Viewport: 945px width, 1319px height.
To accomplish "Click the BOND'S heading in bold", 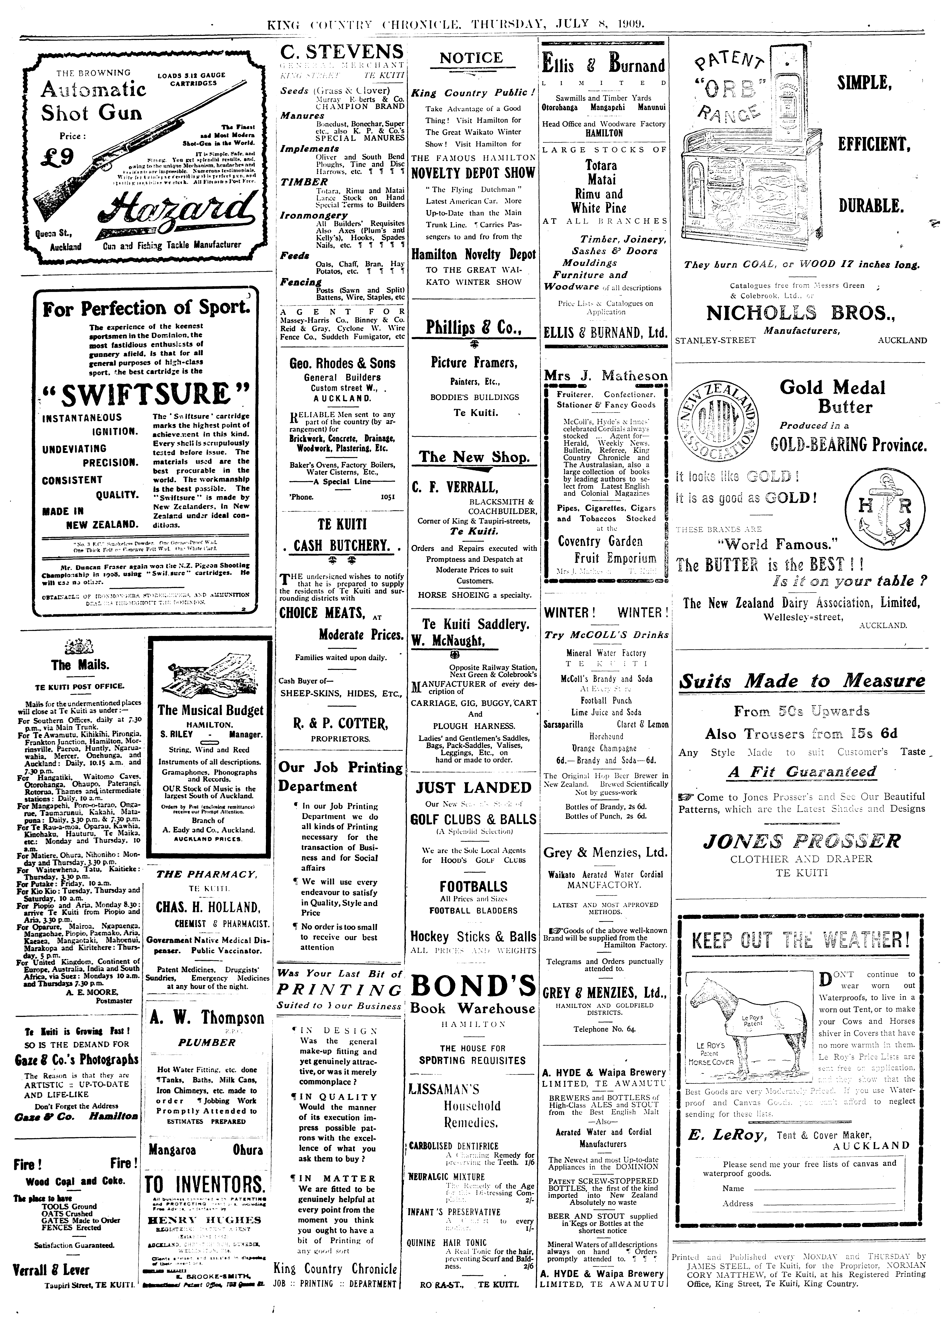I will [473, 985].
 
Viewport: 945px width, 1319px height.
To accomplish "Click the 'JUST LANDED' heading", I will [473, 788].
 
